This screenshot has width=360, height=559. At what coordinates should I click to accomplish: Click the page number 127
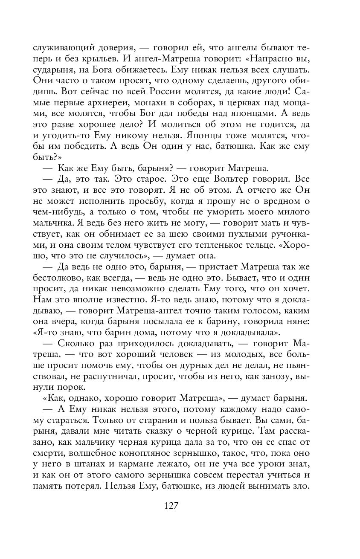click(x=170, y=506)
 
